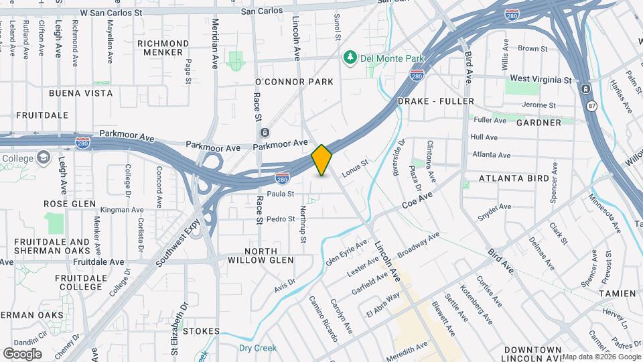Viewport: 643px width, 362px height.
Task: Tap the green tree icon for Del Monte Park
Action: [x=349, y=58]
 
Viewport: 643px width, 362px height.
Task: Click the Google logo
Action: [x=22, y=353]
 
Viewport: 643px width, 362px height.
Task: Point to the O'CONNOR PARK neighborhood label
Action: [x=295, y=82]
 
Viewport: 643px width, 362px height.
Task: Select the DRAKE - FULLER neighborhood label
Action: [x=435, y=101]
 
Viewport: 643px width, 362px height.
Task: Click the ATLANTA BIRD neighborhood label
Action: [x=514, y=178]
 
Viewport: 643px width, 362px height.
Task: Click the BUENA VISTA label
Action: [x=80, y=93]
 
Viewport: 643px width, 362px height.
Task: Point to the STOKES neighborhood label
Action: [x=201, y=331]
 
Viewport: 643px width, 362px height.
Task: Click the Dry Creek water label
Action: [x=258, y=348]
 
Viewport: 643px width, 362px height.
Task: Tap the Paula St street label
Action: [x=281, y=194]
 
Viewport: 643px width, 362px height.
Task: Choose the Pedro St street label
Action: [x=281, y=219]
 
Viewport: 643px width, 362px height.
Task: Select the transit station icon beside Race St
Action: [x=265, y=133]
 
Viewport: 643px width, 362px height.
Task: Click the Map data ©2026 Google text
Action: [x=601, y=357]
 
